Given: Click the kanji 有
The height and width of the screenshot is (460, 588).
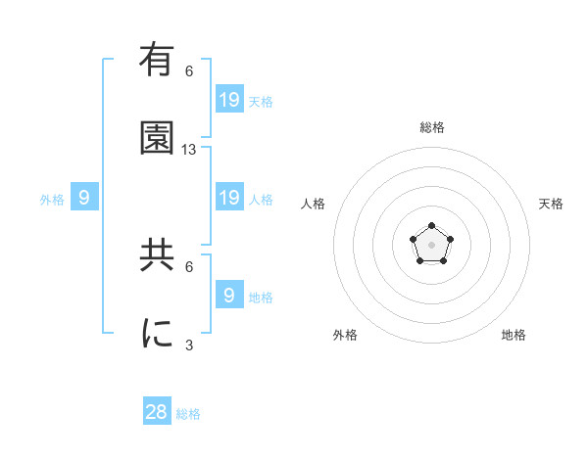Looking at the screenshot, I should pyautogui.click(x=157, y=61).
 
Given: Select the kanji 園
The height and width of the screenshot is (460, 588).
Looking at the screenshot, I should pyautogui.click(x=157, y=139).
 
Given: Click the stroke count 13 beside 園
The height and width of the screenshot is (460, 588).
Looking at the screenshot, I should pyautogui.click(x=189, y=150).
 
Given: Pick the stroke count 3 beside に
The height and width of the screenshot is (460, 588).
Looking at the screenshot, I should pyautogui.click(x=189, y=345).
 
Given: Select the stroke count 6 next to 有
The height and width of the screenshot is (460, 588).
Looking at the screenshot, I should pyautogui.click(x=189, y=71).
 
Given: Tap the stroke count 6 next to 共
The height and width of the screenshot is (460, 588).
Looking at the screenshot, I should pyautogui.click(x=189, y=266).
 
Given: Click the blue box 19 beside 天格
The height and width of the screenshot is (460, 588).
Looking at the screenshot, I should pyautogui.click(x=229, y=100).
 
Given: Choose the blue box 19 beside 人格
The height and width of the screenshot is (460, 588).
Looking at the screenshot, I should pyautogui.click(x=229, y=198).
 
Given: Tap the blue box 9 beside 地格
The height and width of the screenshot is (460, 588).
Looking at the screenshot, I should pyautogui.click(x=229, y=295).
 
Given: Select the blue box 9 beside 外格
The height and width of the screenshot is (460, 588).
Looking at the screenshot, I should pyautogui.click(x=84, y=198).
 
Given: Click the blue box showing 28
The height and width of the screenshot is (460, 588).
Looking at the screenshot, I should pyautogui.click(x=157, y=412).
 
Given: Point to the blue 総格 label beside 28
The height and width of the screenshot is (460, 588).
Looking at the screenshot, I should pyautogui.click(x=188, y=414).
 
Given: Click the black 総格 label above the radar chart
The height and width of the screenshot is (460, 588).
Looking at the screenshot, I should pyautogui.click(x=431, y=127).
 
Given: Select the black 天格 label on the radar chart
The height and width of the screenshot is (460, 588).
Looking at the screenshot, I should pyautogui.click(x=551, y=204).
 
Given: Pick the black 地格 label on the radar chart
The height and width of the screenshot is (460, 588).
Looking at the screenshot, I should pyautogui.click(x=514, y=335).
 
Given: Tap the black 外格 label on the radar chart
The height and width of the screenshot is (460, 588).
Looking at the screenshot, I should pyautogui.click(x=345, y=335).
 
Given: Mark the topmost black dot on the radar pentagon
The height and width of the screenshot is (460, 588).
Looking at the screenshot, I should pyautogui.click(x=431, y=226).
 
